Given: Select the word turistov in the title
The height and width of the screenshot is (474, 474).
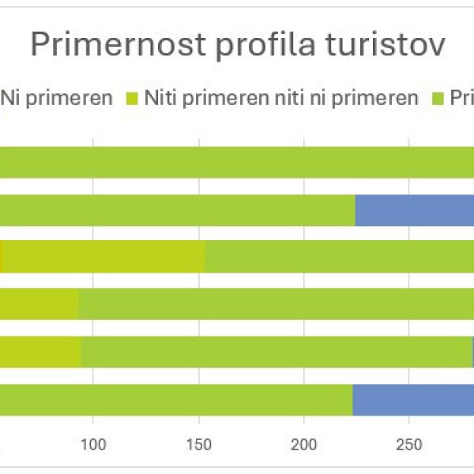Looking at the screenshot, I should pyautogui.click(x=386, y=45).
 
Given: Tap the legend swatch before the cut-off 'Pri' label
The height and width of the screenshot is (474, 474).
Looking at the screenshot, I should pyautogui.click(x=440, y=100).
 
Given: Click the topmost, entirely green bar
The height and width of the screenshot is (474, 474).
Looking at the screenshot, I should pyautogui.click(x=237, y=162).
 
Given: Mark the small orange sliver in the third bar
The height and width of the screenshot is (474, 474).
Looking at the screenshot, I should pyautogui.click(x=2, y=257).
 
